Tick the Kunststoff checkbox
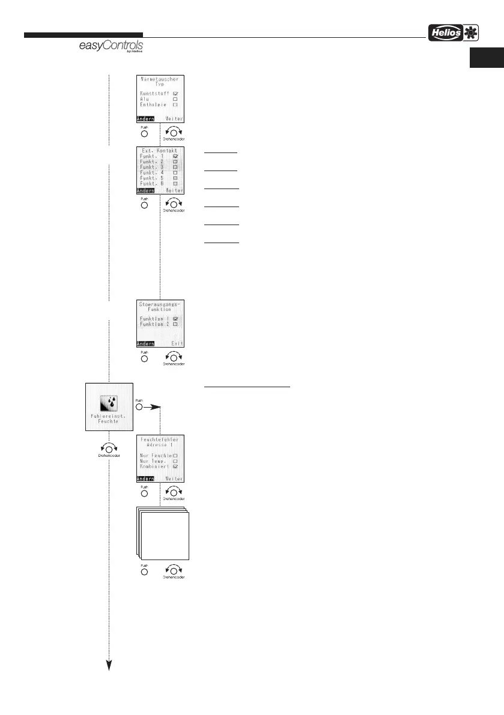coord(175,94)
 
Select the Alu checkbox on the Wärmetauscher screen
coord(175,100)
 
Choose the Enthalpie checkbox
coord(175,105)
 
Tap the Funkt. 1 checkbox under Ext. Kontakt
coord(175,156)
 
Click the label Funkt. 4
coord(151,172)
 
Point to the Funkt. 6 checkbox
coord(175,183)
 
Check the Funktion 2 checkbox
coord(175,324)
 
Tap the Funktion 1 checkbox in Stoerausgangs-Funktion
coord(175,319)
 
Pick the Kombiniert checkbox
coord(175,466)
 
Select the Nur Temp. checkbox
coord(175,461)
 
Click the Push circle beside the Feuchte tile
coord(140,406)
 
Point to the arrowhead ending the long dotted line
coord(109,664)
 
